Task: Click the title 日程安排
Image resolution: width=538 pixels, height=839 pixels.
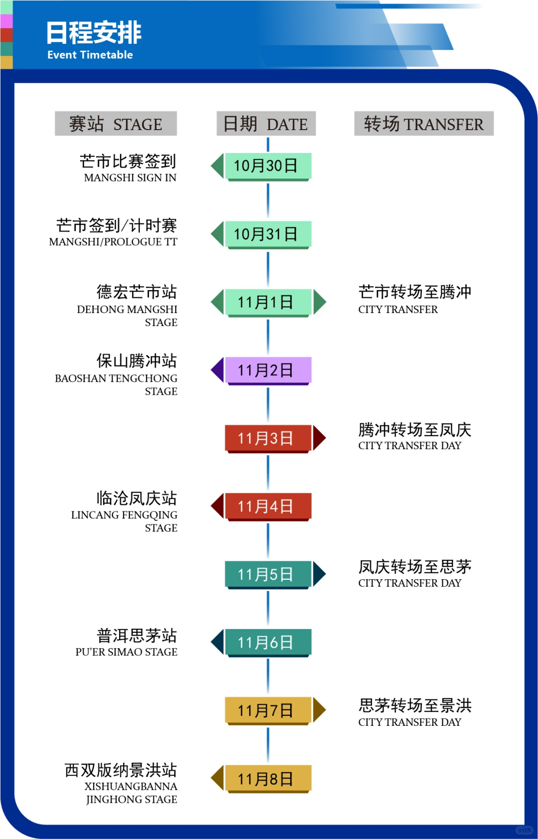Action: point(94,33)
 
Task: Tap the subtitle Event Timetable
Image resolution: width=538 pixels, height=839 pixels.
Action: point(90,55)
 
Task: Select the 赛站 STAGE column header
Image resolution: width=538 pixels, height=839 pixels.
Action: point(116,124)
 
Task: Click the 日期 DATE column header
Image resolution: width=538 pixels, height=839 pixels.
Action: point(266,124)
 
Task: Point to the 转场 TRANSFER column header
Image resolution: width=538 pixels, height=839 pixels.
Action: point(423,124)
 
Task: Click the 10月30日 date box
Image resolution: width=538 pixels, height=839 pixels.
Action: point(268,166)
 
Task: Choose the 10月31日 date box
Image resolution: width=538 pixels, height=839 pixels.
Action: point(268,234)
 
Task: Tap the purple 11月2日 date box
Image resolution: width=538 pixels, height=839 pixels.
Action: point(268,370)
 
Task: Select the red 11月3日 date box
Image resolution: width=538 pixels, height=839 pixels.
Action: point(268,438)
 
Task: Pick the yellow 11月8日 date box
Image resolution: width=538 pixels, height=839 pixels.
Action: point(268,779)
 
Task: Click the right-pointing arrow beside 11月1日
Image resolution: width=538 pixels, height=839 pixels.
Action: point(319,302)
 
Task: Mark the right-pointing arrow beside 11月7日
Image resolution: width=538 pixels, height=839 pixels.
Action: point(319,710)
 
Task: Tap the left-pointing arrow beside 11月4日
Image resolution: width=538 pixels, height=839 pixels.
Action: point(218,506)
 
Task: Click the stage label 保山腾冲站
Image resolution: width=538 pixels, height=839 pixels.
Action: point(136,360)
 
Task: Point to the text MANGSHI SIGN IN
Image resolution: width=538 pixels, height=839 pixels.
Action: point(130,178)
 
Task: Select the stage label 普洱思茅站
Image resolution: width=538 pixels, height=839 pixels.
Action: point(136,636)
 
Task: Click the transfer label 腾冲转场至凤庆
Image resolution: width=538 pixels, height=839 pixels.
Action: point(414,430)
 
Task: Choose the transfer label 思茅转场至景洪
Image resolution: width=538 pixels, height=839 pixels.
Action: point(414,705)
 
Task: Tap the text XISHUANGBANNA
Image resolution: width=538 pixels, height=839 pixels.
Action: point(131,787)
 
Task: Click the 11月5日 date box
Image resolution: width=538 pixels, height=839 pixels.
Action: point(268,574)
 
